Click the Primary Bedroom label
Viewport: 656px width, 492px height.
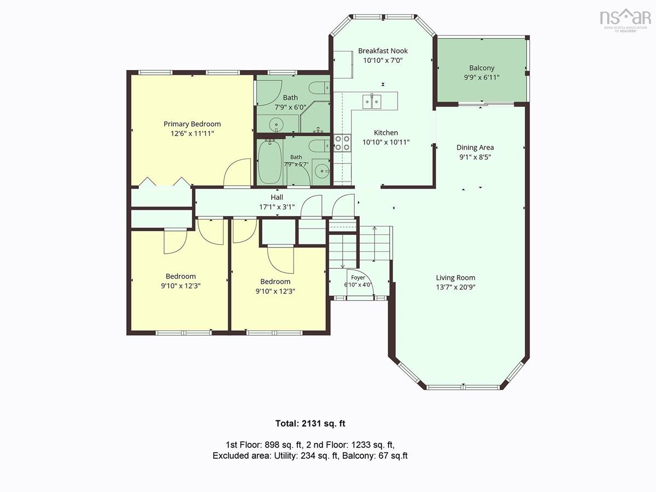point(192,124)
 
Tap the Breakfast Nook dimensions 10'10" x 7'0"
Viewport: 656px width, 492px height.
point(383,60)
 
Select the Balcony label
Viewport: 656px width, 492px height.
point(482,68)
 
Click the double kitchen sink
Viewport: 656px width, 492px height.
point(372,102)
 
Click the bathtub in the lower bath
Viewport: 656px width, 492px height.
point(270,162)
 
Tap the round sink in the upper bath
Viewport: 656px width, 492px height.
point(277,124)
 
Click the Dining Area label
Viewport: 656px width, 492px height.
point(475,147)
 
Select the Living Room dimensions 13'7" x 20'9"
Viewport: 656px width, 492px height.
point(455,287)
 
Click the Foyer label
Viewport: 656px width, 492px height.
point(358,278)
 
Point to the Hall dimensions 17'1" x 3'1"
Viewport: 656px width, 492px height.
point(277,207)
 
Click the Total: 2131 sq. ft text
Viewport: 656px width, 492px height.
point(310,423)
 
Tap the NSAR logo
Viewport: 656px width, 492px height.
point(625,20)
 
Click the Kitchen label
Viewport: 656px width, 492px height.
point(386,132)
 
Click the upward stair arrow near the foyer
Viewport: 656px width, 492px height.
point(374,244)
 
